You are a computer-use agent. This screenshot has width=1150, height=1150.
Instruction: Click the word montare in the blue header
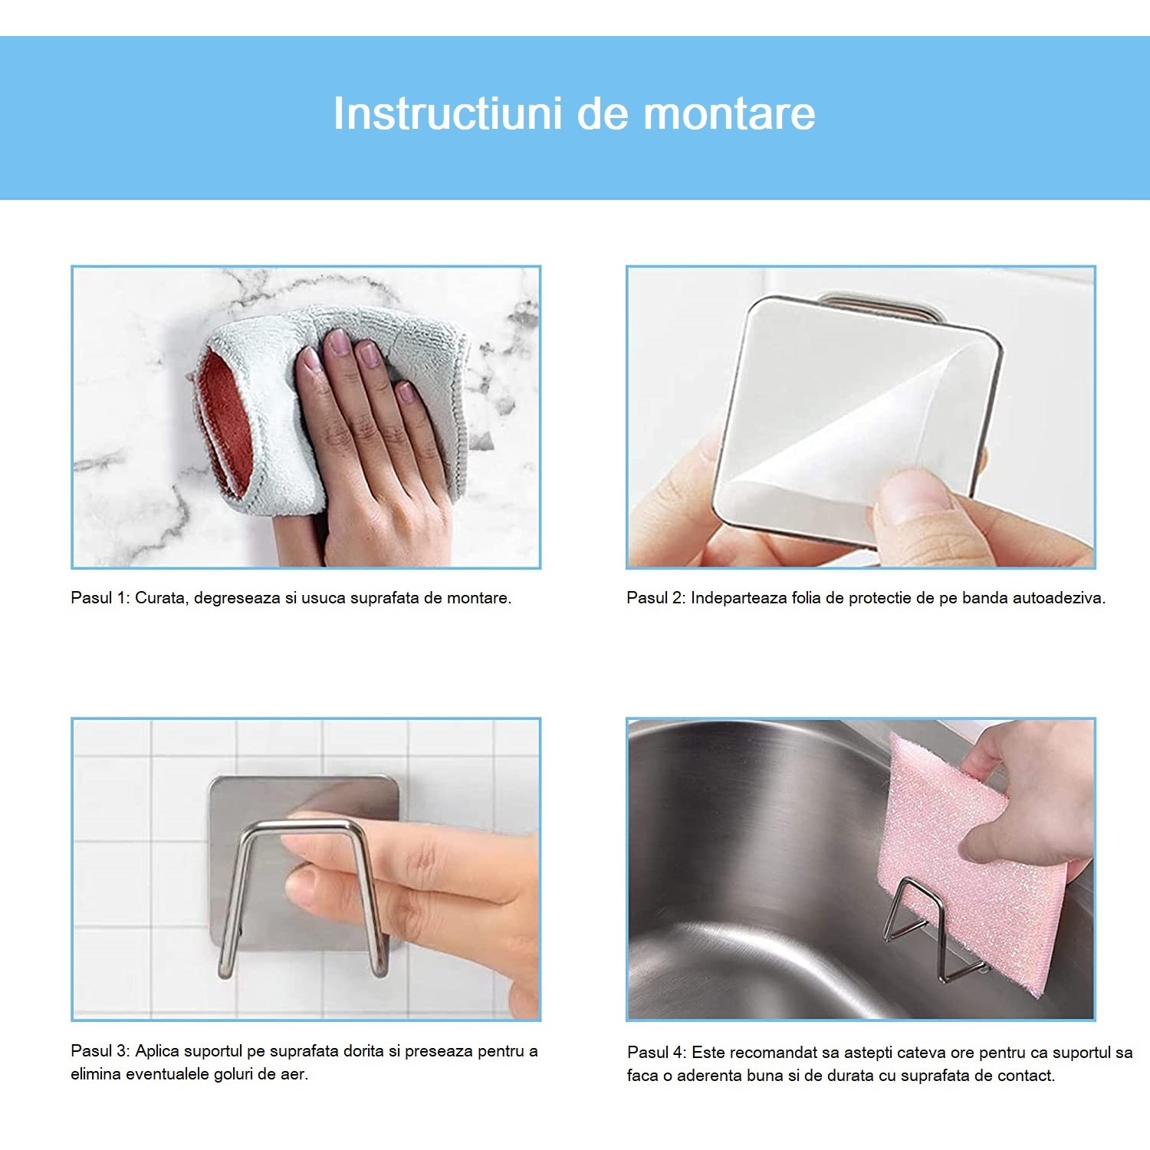(x=729, y=113)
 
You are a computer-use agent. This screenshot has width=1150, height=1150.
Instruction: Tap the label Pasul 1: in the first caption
(x=100, y=598)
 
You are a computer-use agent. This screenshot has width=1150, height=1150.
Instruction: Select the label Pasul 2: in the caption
(x=655, y=598)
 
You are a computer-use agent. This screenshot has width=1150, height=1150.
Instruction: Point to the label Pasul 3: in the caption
(x=100, y=1051)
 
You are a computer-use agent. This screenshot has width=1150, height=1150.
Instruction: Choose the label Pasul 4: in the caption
(x=656, y=1053)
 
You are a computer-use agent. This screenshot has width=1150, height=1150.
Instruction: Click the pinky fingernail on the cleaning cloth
(x=406, y=393)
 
